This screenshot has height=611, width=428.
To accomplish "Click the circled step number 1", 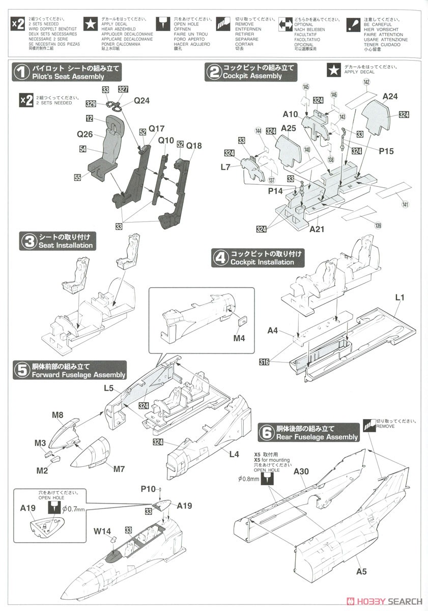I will (21, 72).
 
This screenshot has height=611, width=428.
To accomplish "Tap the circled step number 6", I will (266, 433).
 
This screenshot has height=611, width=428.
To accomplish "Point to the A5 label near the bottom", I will (361, 571).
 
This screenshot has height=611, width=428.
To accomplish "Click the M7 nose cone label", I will (119, 468).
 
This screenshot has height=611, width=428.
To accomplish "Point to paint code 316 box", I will (264, 362).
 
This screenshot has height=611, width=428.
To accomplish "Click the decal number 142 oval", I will (366, 82).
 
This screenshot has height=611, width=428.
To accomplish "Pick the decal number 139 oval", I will (378, 226).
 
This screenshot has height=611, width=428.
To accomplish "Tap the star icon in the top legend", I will (91, 23).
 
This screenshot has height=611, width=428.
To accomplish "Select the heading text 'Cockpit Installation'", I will (262, 262).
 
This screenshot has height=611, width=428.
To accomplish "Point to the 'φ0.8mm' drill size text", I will (249, 479).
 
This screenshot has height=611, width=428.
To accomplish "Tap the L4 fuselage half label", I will (234, 454).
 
